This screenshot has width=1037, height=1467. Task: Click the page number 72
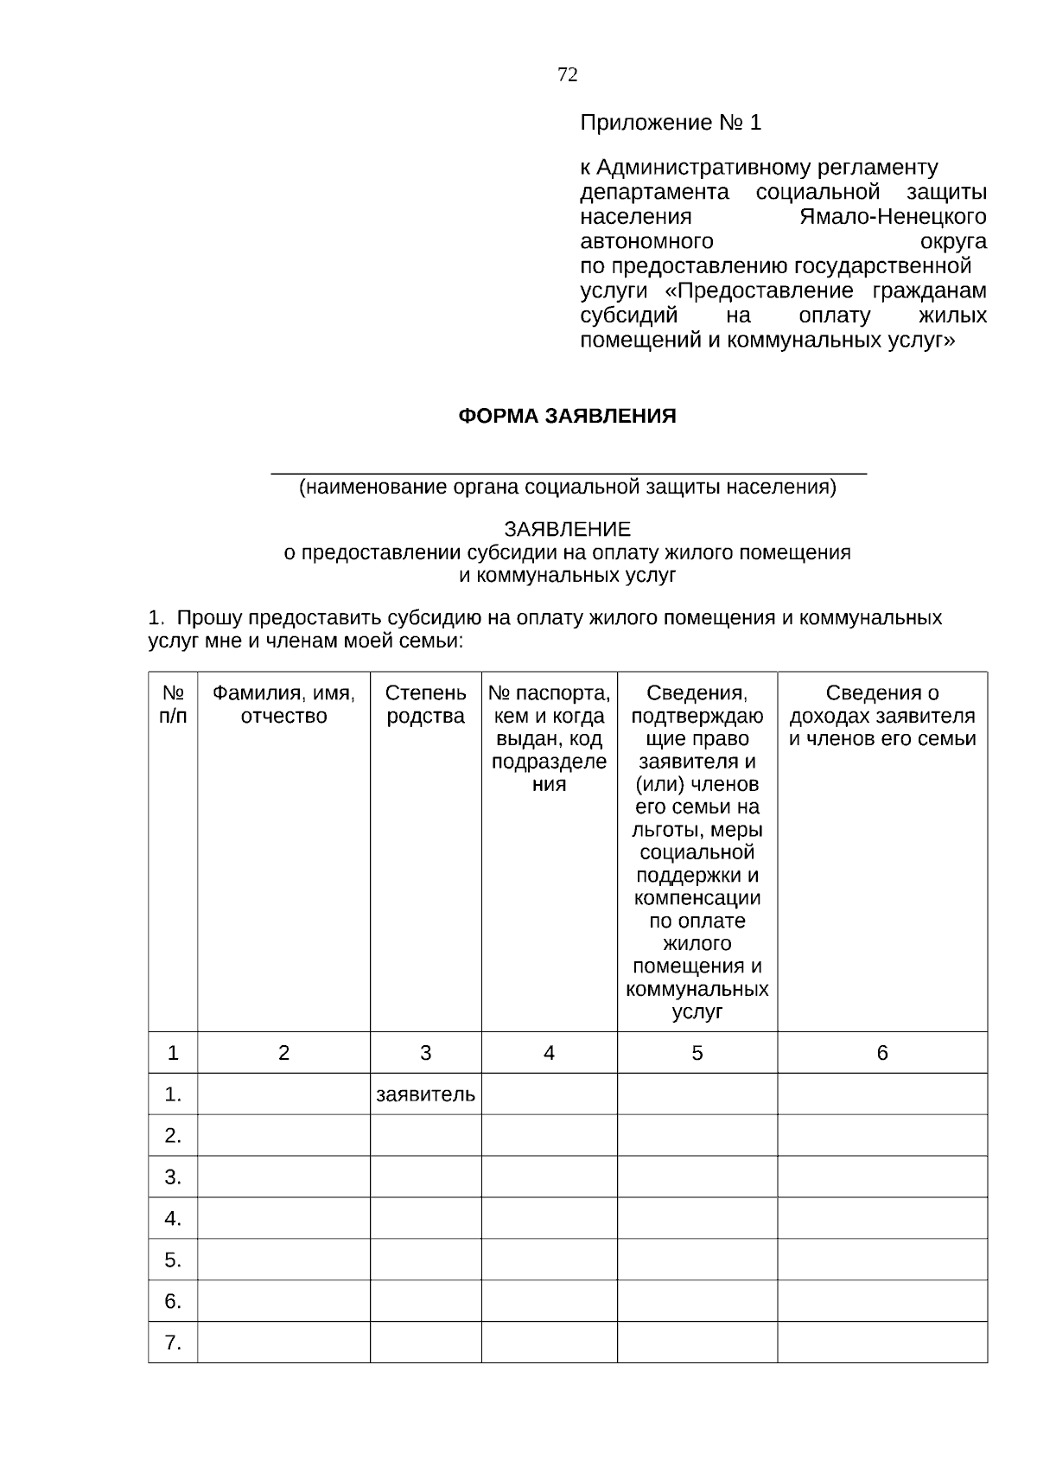tap(567, 75)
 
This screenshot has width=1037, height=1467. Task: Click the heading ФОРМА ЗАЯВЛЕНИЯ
tap(566, 417)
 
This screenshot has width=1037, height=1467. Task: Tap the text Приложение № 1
tap(670, 124)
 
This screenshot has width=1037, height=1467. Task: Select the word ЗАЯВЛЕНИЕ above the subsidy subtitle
tap(567, 529)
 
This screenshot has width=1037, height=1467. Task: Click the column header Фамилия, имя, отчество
tap(283, 705)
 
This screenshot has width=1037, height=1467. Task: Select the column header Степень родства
tap(425, 705)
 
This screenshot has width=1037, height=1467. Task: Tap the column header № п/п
tap(173, 705)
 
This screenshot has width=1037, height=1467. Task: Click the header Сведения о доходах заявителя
tap(881, 716)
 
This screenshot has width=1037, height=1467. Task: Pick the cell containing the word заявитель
tap(425, 1094)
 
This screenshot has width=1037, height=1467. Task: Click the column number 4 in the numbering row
tap(549, 1053)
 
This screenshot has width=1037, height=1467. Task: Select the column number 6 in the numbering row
tap(881, 1053)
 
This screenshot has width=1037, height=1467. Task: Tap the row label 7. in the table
tap(173, 1343)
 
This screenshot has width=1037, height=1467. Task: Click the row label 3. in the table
tap(173, 1177)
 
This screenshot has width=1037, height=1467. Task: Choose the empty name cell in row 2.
tap(283, 1136)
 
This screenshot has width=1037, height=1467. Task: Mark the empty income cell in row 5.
tap(881, 1260)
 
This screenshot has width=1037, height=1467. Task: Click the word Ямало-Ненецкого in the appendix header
tap(893, 216)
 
